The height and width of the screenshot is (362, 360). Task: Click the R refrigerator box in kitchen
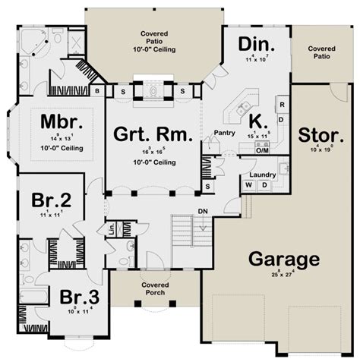coord(281,104)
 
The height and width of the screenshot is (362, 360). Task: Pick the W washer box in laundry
coord(248,185)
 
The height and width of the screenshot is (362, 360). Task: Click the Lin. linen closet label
coord(111,228)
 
